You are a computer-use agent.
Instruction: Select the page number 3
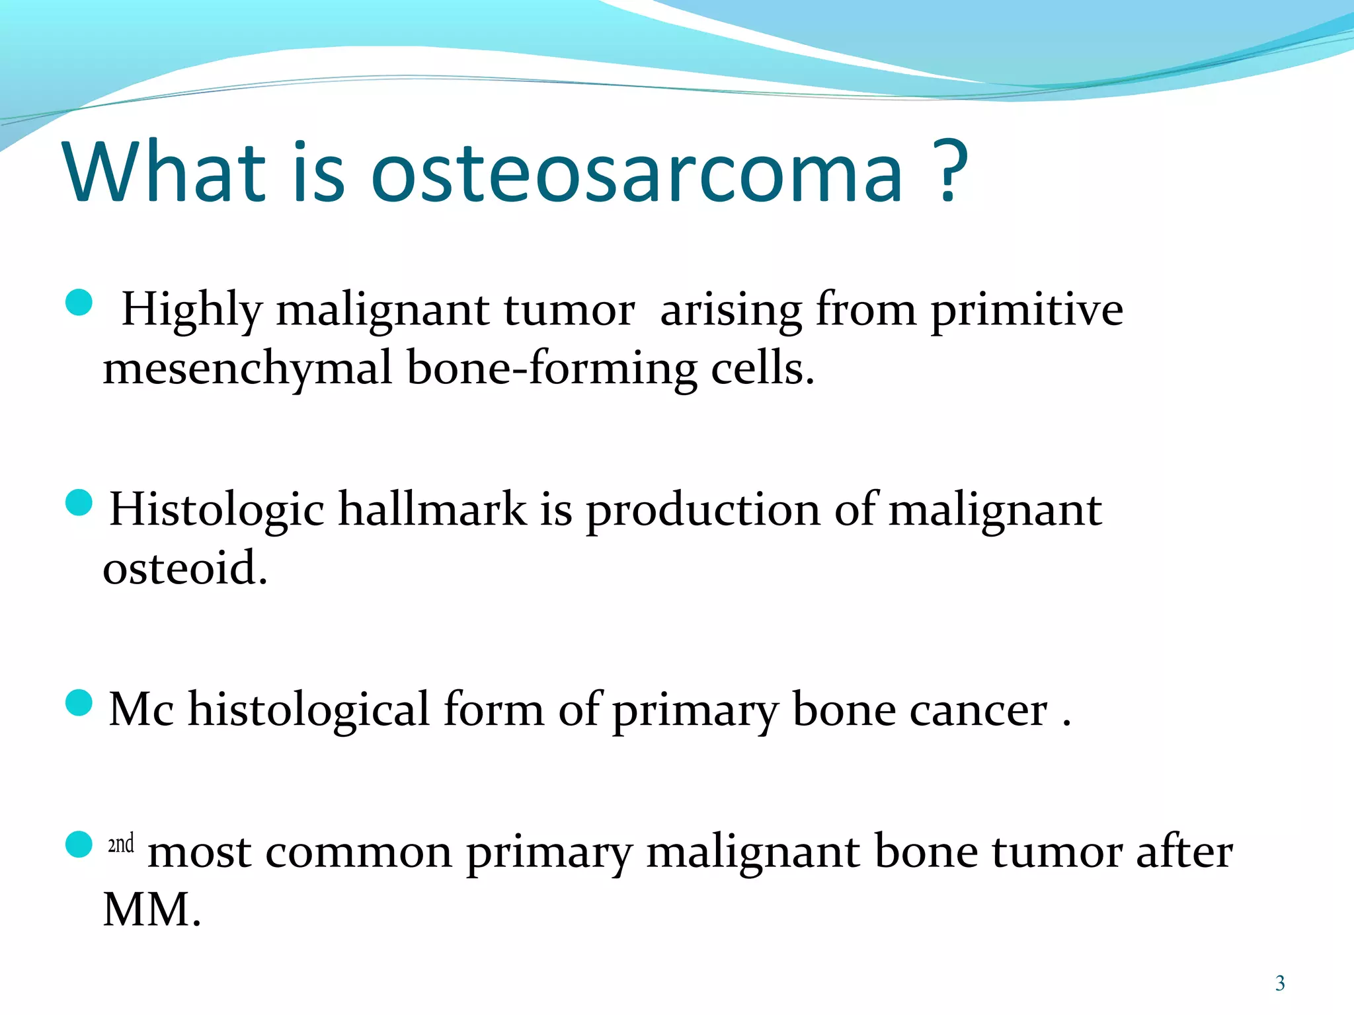pyautogui.click(x=1280, y=983)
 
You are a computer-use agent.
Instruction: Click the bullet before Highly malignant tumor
pyautogui.click(x=79, y=303)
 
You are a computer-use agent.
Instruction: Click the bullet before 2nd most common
pyautogui.click(x=79, y=844)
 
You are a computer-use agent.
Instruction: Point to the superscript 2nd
pyautogui.click(x=121, y=844)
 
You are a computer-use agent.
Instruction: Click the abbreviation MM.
pyautogui.click(x=151, y=911)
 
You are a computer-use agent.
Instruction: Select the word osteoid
pyautogui.click(x=184, y=568)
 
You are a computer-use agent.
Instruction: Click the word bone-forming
pyautogui.click(x=551, y=369)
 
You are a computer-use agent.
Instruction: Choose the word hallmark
pyautogui.click(x=432, y=509)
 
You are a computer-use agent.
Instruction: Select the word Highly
pyautogui.click(x=192, y=311)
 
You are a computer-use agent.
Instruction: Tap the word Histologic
pyautogui.click(x=217, y=509)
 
